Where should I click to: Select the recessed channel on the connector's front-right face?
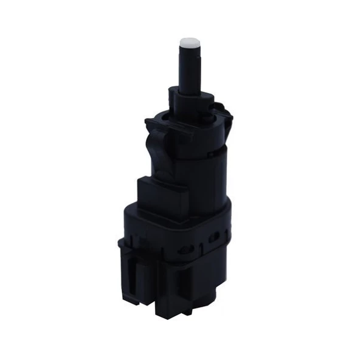pos(201,286)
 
